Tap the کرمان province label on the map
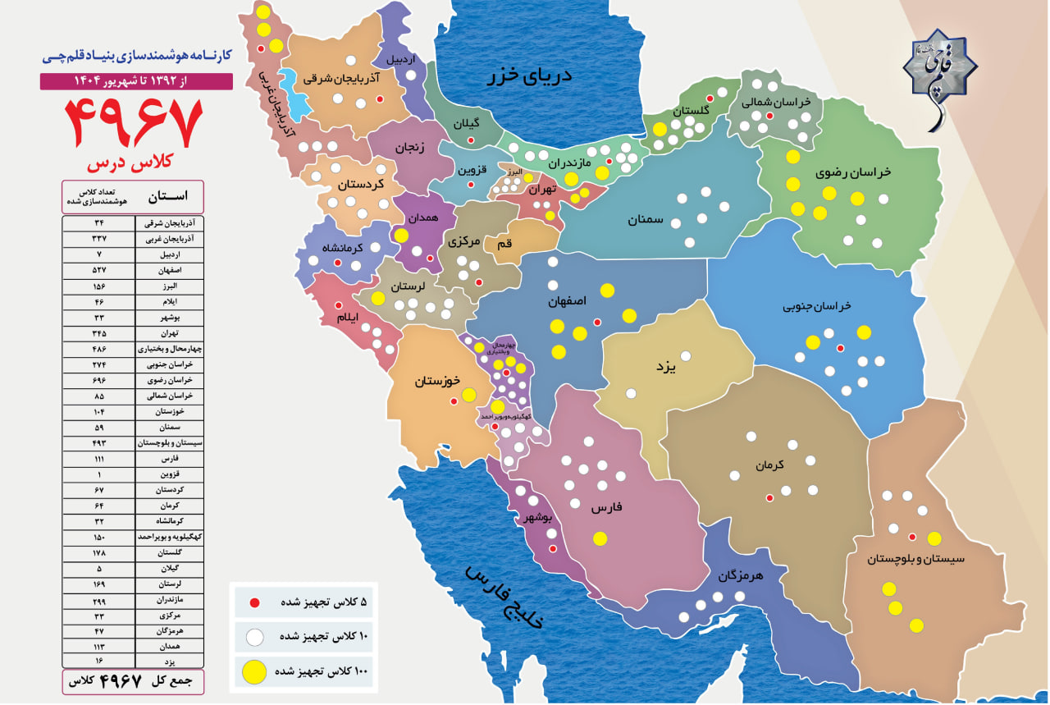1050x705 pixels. [770, 465]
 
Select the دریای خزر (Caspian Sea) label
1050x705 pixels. [530, 76]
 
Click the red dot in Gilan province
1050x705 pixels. [471, 140]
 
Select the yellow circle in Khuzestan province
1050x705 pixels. [469, 395]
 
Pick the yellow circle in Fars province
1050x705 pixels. [600, 539]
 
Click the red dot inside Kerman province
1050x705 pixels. [769, 497]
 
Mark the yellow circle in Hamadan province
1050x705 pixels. [401, 236]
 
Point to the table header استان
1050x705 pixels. [168, 197]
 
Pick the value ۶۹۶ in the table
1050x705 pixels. [99, 380]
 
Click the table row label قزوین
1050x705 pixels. [169, 474]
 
